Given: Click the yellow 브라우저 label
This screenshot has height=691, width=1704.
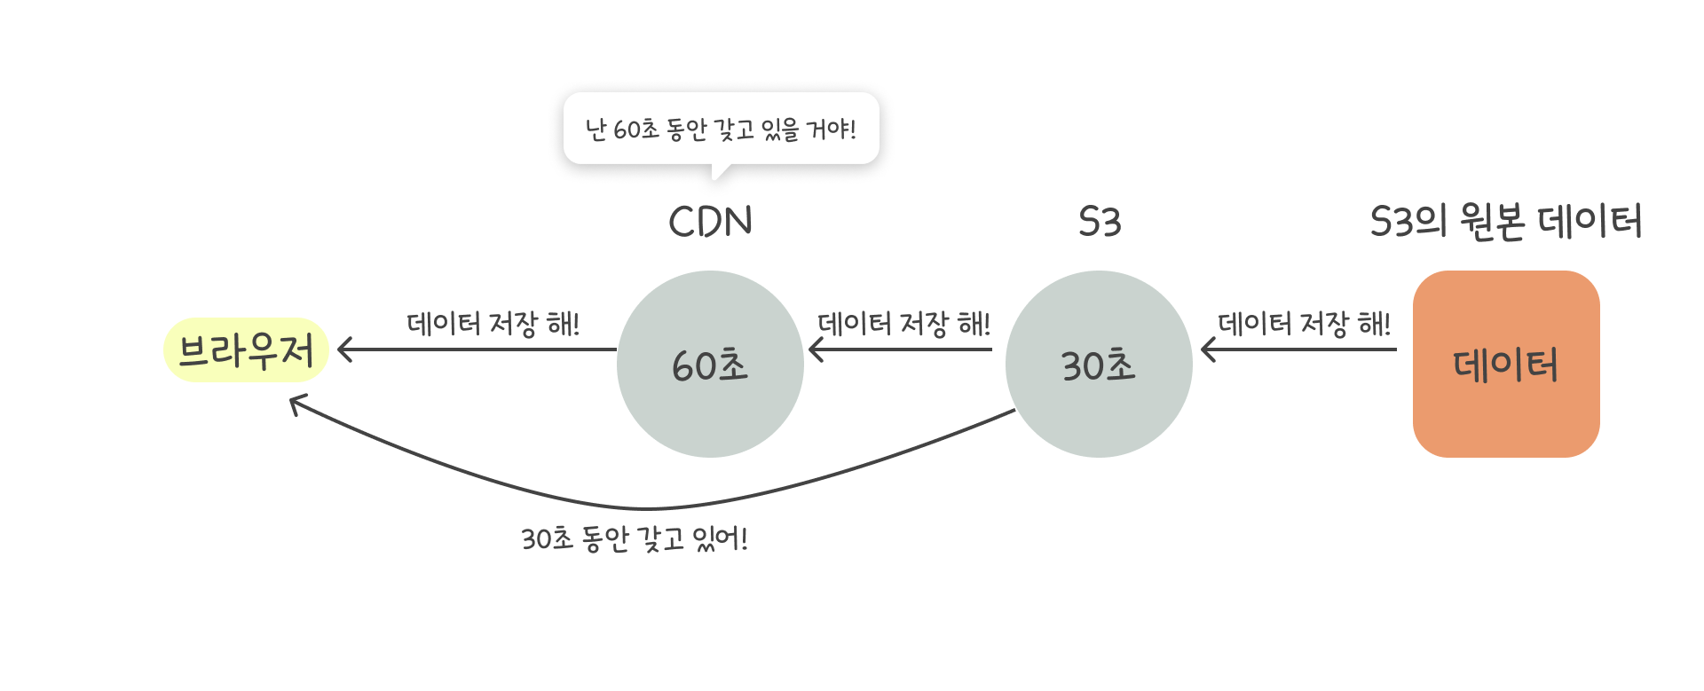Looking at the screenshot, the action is point(246,350).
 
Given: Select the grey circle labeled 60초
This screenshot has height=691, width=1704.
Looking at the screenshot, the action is point(710,365).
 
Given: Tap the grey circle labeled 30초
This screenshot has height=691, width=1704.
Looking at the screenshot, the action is point(1099,365).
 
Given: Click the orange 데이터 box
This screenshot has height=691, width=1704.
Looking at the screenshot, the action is point(1506,365).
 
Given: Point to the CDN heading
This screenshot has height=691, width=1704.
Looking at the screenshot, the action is point(710,222).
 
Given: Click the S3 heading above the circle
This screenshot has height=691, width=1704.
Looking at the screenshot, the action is point(1100,222).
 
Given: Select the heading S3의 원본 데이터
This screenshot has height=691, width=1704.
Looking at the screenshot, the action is point(1506,222).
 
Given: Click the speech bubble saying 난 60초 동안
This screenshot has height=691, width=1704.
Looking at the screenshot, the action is point(721,129).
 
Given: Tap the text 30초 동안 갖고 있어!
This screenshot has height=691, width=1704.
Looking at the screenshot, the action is point(635,538).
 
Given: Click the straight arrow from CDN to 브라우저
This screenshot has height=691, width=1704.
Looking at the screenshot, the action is point(479,349).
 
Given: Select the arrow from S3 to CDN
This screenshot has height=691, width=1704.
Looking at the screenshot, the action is point(901,349).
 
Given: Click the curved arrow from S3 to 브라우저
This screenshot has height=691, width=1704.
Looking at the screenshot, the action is point(648,508).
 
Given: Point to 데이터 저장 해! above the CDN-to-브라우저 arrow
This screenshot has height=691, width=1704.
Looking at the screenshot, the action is point(493,323).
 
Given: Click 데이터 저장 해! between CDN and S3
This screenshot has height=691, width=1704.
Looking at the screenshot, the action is point(903,323).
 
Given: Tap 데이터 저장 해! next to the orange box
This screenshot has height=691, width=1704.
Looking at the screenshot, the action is point(1304,323).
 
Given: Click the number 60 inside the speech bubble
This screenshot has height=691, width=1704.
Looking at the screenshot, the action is point(626,130).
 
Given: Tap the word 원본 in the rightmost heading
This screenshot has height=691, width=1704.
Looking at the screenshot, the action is point(1493,222).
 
